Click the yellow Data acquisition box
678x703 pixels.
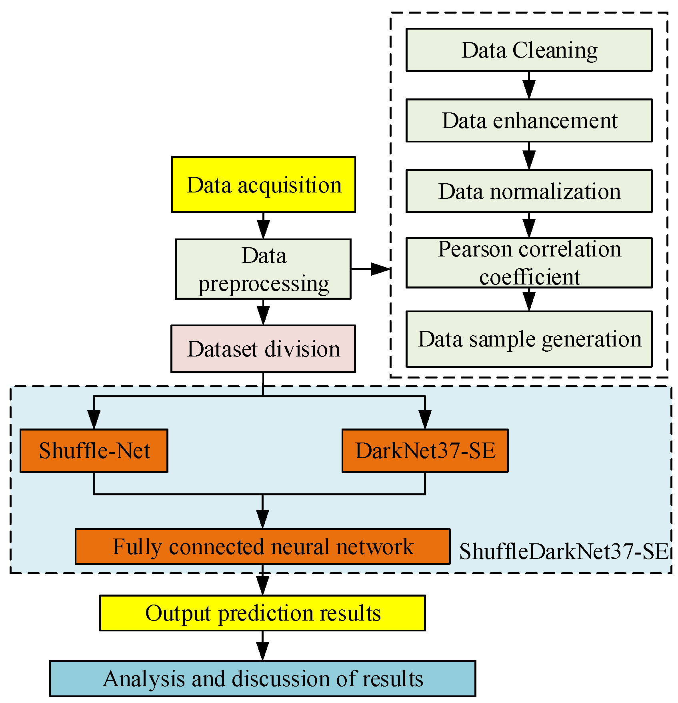(x=263, y=184)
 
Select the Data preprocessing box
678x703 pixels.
(x=263, y=269)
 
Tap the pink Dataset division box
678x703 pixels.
(x=263, y=349)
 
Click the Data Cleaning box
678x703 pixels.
(x=529, y=50)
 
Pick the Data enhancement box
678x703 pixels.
(x=529, y=120)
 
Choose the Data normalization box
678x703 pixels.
(x=529, y=191)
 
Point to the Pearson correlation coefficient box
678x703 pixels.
(x=529, y=263)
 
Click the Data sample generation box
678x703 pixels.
(x=529, y=339)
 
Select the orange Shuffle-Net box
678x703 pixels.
(x=94, y=451)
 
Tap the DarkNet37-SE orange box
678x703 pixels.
(x=425, y=451)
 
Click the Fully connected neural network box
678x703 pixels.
(x=262, y=547)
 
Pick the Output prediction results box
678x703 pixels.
(x=262, y=613)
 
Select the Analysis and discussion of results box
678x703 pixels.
(x=262, y=679)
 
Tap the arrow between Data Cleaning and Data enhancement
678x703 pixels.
(x=529, y=86)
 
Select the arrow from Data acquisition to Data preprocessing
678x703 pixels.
(x=263, y=226)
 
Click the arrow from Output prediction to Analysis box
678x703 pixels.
(x=262, y=646)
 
